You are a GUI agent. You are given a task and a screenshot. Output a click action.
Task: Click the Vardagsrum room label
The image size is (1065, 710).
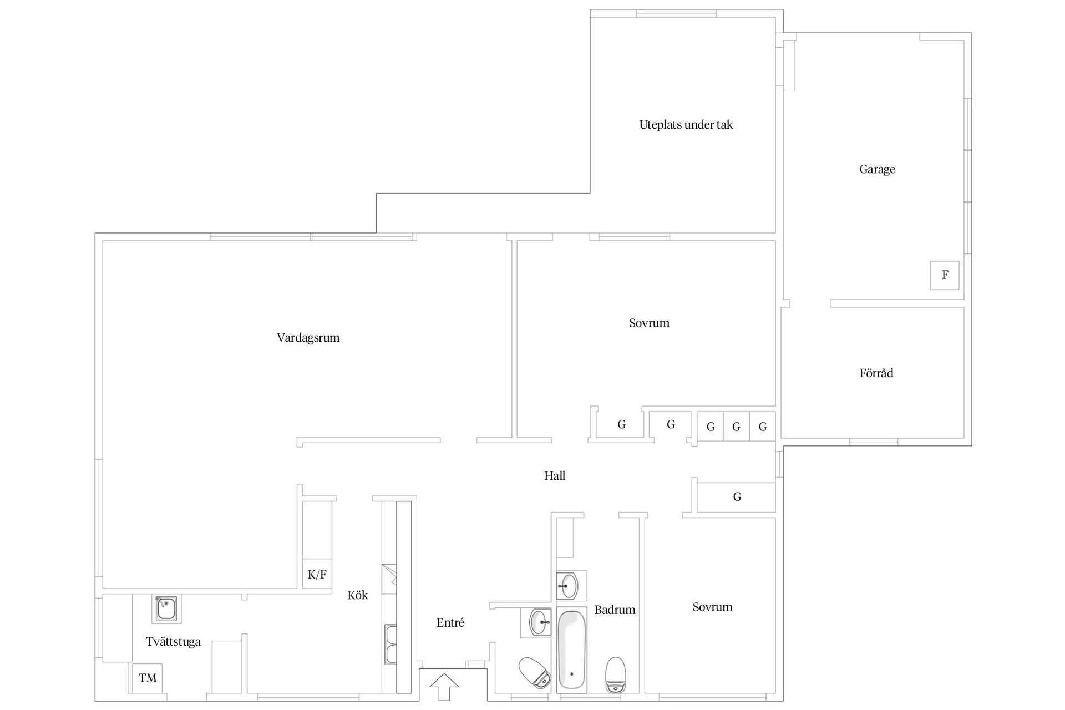308,337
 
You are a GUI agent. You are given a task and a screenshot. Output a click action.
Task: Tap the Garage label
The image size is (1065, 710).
877,169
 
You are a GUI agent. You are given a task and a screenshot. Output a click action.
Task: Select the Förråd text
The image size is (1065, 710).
876,373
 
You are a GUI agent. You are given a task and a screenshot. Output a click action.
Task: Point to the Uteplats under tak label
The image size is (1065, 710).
686,125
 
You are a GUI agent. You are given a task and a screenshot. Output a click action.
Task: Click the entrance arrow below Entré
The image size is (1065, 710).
444,687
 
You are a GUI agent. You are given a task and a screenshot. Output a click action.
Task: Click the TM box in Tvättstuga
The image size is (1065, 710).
148,678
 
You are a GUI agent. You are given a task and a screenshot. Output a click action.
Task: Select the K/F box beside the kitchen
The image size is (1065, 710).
317,575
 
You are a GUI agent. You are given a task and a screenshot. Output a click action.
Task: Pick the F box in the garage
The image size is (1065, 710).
945,275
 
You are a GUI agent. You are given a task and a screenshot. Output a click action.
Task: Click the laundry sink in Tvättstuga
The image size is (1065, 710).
166,608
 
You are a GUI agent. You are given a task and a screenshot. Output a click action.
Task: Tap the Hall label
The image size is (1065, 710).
555,475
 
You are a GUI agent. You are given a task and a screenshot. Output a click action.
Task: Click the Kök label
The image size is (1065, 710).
358,595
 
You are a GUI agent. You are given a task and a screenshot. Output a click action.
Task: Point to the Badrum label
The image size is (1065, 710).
615,610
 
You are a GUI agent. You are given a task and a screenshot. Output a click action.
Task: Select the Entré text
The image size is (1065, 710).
450,623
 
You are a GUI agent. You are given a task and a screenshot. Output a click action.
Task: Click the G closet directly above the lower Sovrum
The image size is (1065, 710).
737,497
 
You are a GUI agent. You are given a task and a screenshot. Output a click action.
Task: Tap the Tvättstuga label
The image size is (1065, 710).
173,642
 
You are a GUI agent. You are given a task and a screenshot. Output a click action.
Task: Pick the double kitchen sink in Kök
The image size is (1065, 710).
391,645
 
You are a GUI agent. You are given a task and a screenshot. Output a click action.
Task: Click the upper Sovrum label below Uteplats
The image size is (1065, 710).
649,323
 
